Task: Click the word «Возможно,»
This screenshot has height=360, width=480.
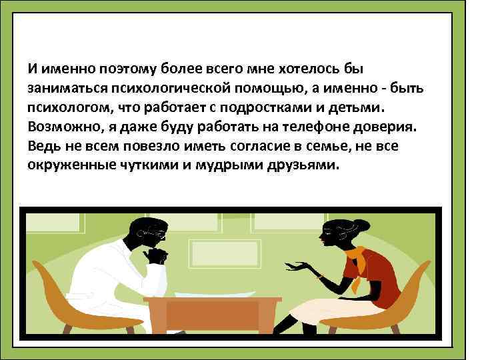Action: point(57,127)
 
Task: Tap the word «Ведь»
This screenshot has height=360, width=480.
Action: point(43,146)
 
